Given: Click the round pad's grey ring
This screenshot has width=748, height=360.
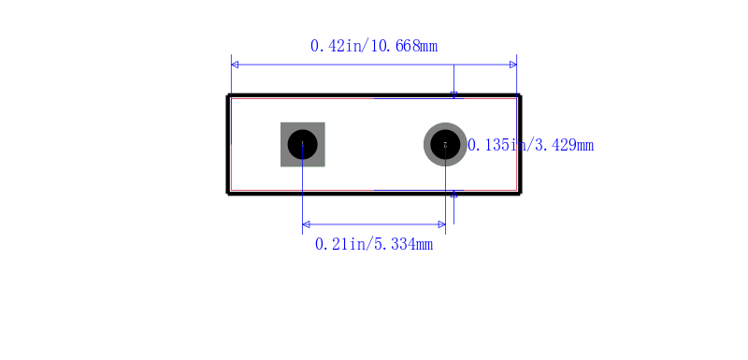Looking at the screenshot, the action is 427,145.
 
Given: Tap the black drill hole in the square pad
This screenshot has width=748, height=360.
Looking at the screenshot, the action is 302,145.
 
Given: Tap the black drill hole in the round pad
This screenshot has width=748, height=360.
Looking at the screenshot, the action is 446,145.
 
